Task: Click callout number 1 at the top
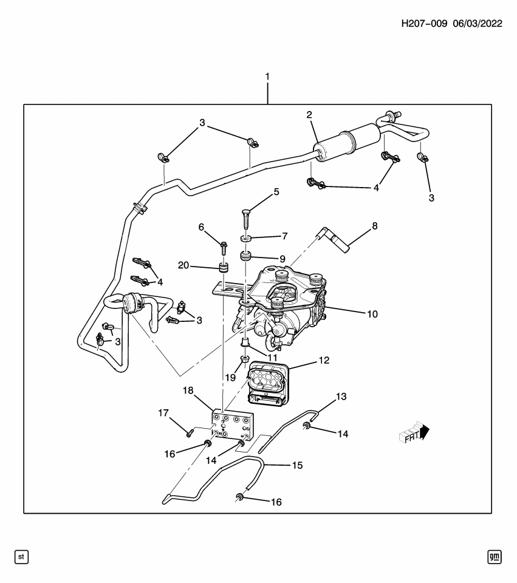[267, 77]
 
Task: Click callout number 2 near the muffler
[309, 115]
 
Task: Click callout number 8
[375, 225]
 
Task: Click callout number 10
[372, 314]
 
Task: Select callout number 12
[324, 360]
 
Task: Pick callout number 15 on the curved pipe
[297, 465]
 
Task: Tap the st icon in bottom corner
[22, 556]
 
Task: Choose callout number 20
[183, 265]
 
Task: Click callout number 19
[230, 377]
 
